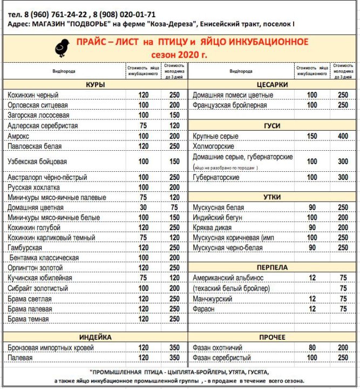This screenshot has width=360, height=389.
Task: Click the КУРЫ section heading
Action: point(95,85)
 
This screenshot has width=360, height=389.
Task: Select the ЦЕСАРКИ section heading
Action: point(272,85)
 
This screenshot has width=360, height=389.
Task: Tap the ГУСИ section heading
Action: point(272,126)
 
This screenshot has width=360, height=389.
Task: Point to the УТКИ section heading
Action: point(272,197)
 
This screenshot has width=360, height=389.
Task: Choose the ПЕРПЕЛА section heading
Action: point(272,267)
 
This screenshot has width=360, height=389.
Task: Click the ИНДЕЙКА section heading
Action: point(95,337)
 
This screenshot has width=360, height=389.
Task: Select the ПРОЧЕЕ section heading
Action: point(272,337)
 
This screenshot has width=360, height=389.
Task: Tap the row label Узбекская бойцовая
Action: point(37,162)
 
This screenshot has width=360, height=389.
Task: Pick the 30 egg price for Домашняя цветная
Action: point(144,207)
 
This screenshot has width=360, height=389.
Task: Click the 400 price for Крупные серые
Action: point(343,136)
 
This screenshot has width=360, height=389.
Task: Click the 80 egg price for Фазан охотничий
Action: point(312,347)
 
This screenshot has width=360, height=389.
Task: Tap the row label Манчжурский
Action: point(213,299)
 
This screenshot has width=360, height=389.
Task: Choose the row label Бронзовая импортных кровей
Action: point(51,347)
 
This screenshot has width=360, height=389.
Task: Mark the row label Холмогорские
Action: point(213,146)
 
